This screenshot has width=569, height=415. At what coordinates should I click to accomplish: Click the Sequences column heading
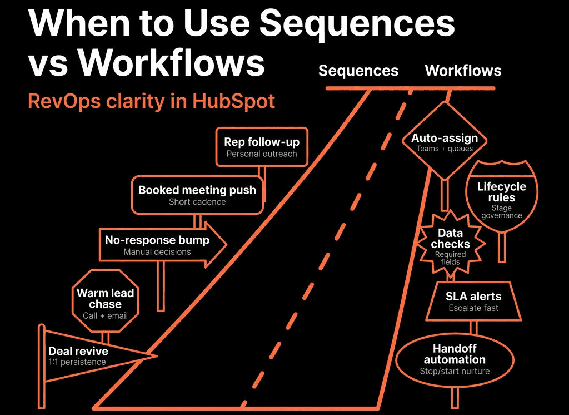(358, 71)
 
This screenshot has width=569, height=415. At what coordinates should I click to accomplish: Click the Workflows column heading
(463, 71)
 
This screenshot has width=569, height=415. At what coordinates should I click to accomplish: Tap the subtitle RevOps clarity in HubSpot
(152, 101)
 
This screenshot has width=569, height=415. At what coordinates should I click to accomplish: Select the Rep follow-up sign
(262, 147)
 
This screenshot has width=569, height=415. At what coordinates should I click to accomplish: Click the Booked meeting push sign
(197, 195)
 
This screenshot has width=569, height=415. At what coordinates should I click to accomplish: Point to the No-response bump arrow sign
(163, 245)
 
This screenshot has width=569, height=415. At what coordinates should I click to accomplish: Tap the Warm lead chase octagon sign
(105, 301)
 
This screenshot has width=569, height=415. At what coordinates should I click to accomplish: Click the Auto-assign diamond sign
(445, 141)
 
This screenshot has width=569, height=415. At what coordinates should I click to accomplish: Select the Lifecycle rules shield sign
(502, 196)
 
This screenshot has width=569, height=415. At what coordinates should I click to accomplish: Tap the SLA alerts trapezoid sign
(473, 302)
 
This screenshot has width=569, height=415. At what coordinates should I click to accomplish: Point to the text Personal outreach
(262, 154)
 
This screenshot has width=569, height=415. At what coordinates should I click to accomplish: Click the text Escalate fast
(473, 308)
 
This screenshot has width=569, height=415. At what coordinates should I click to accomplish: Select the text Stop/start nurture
(455, 371)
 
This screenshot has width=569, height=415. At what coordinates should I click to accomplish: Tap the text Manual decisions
(157, 252)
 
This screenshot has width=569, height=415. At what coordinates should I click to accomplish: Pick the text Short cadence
(197, 202)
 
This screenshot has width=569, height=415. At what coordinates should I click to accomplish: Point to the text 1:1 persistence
(77, 362)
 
